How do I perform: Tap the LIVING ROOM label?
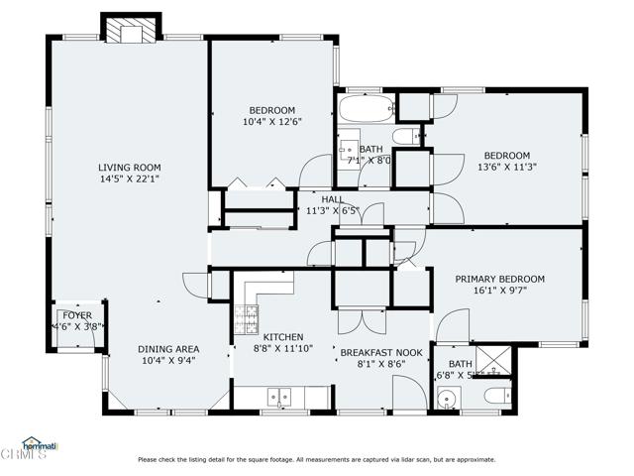129,168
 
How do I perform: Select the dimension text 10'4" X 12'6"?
271,122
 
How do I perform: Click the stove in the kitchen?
245,317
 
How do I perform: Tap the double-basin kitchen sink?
282,397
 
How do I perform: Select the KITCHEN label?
282,337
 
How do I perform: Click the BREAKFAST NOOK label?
381,352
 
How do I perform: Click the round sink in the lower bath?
448,400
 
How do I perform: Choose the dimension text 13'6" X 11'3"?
506,168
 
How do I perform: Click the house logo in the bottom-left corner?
37,447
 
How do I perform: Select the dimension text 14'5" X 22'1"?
129,179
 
